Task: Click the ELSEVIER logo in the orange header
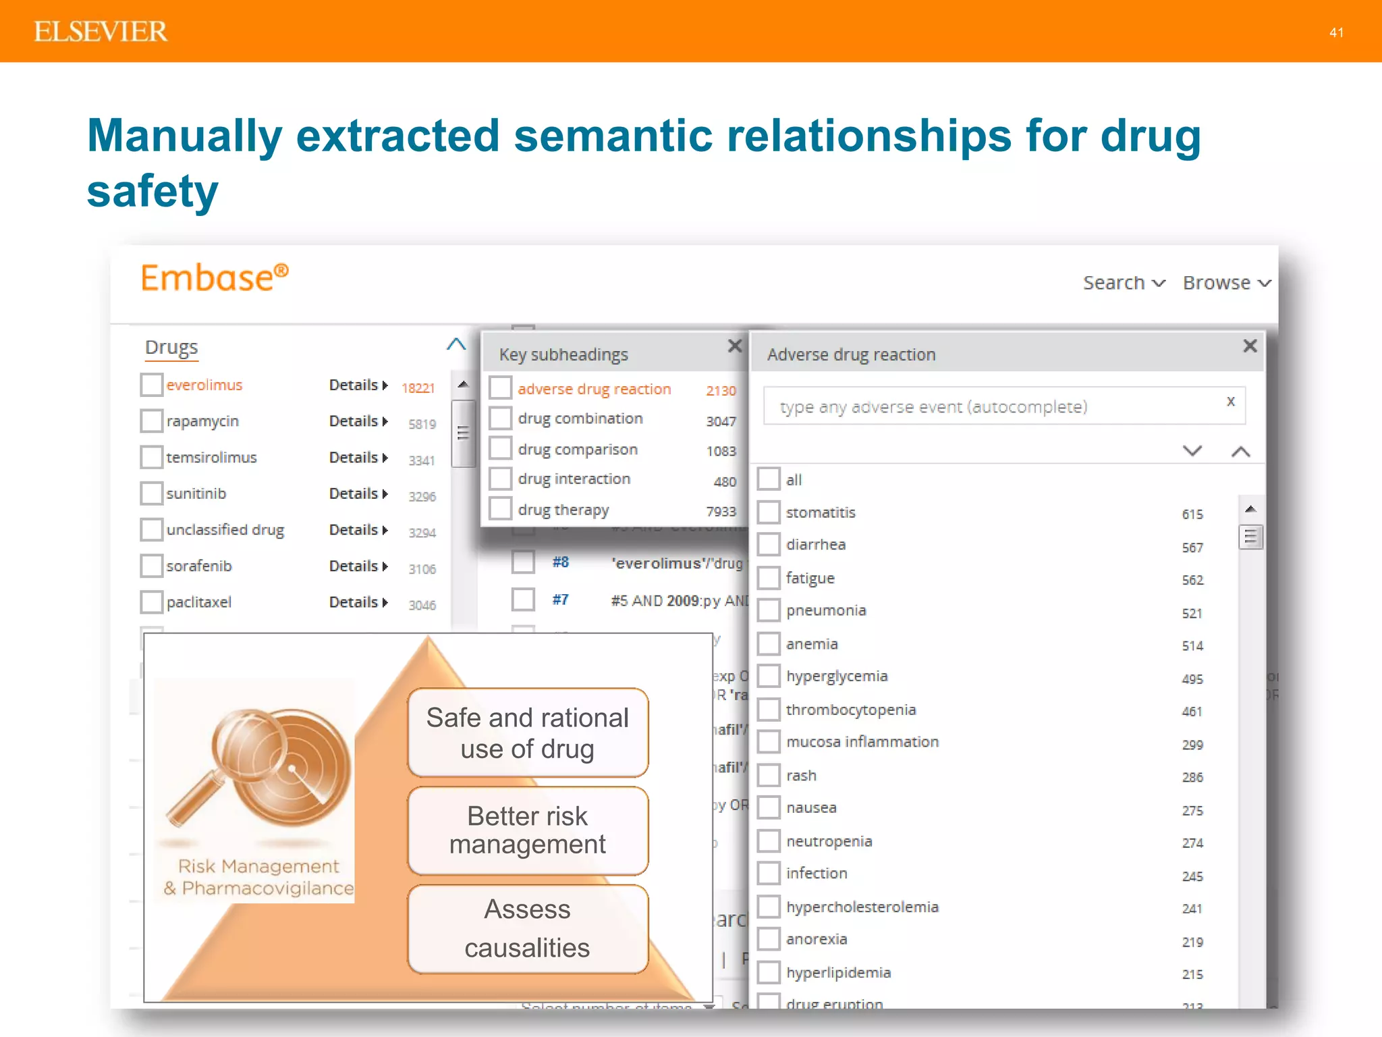[x=101, y=32]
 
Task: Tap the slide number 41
[x=1336, y=32]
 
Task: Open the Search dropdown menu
[x=1124, y=283]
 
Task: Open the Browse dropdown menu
[x=1226, y=283]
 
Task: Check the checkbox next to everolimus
[x=151, y=385]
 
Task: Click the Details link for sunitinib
[x=358, y=494]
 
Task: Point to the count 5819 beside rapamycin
[x=422, y=424]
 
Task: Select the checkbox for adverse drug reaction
[x=500, y=388]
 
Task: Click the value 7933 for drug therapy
[x=721, y=511]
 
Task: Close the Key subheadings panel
[x=735, y=346]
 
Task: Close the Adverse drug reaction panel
[x=1250, y=346]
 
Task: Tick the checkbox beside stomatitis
[x=769, y=512]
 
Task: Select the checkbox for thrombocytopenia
[x=769, y=710]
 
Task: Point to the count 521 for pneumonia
[x=1192, y=613]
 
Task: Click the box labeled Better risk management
[x=528, y=830]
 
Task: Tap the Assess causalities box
[x=528, y=928]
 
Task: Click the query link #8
[x=560, y=562]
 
